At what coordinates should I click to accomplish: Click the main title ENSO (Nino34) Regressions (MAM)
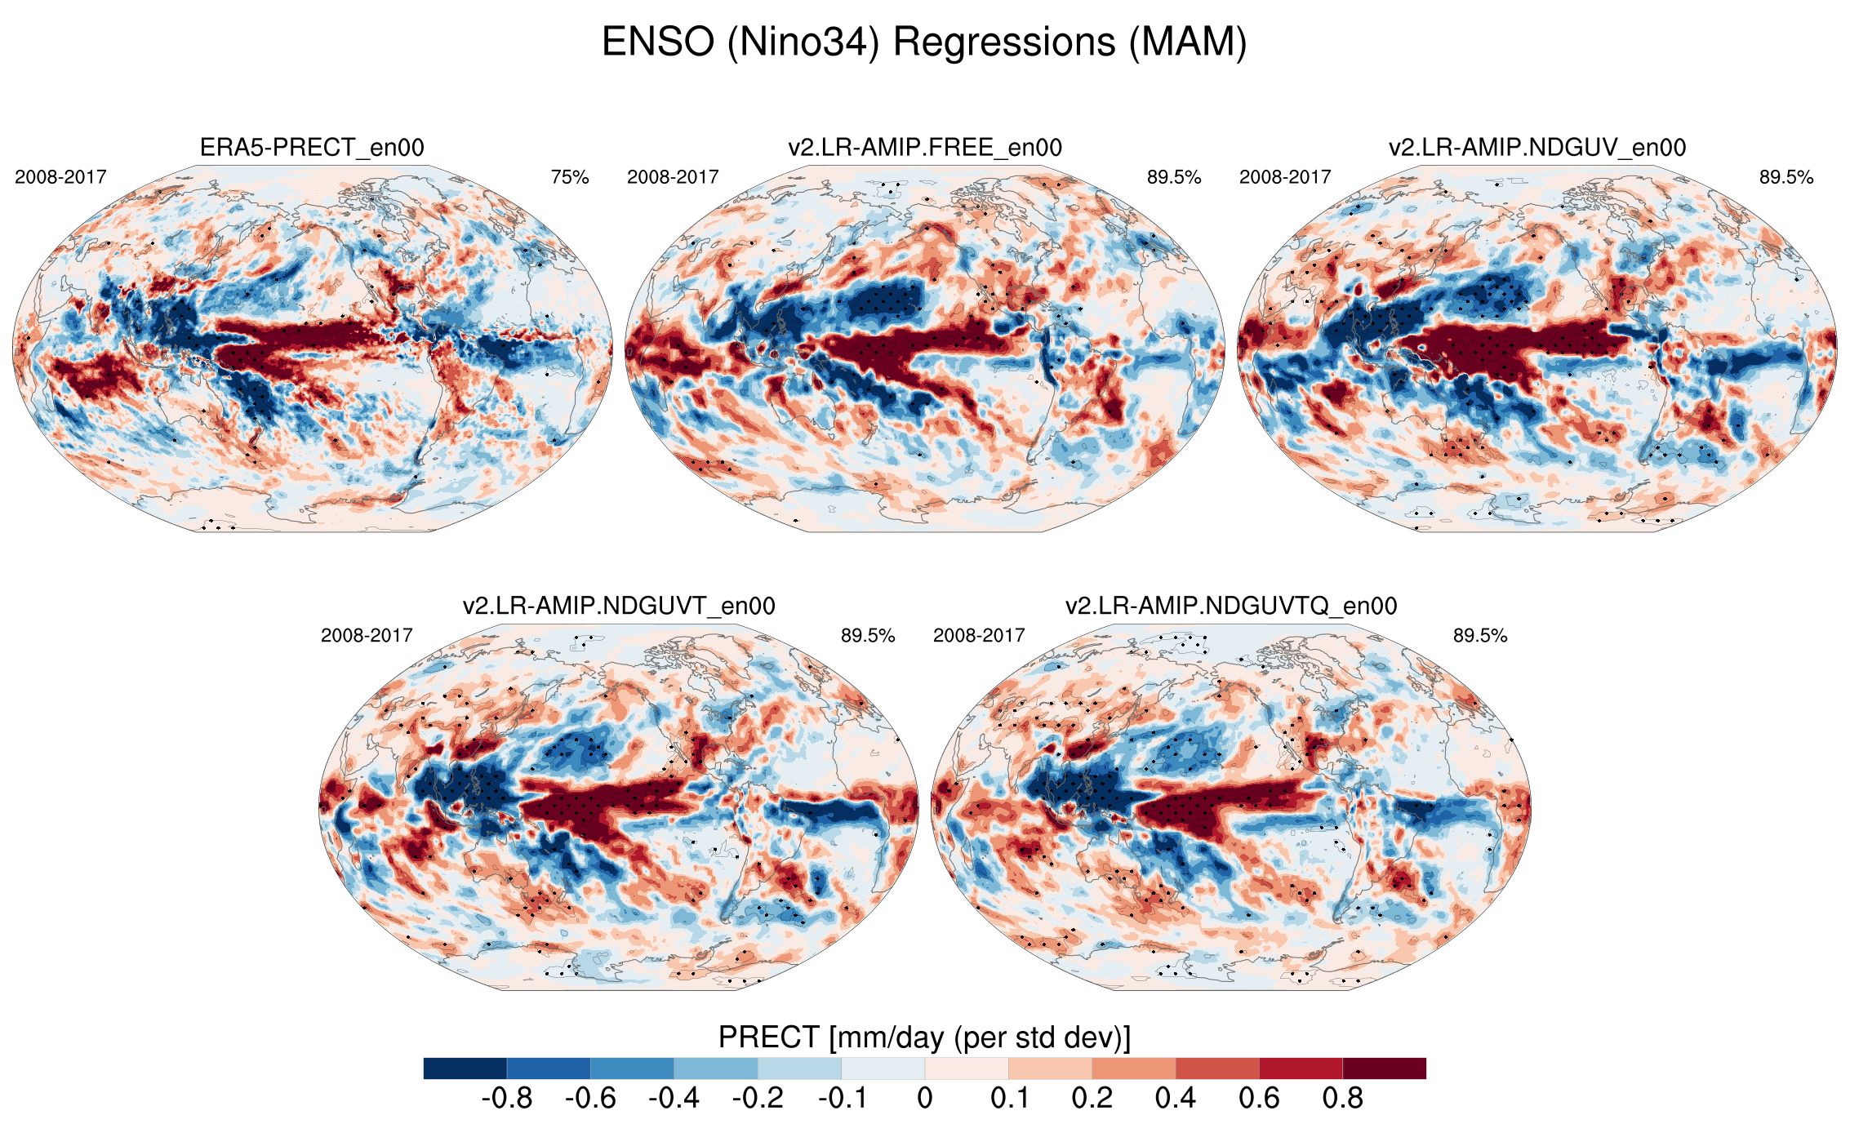click(924, 42)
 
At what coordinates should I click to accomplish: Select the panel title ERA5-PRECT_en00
click(312, 148)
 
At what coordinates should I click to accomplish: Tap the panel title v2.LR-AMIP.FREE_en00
click(924, 148)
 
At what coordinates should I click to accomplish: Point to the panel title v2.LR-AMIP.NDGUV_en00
click(1536, 148)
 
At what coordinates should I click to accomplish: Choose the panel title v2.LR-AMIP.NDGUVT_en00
click(619, 606)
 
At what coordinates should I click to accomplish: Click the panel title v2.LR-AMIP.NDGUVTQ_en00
click(1231, 606)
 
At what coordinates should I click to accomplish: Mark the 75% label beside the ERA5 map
click(570, 177)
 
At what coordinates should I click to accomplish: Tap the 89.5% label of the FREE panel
click(1174, 177)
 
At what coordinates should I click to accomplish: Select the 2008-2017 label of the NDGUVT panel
click(367, 636)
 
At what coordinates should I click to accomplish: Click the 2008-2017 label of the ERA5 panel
click(60, 177)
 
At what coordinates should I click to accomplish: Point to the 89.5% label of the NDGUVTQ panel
click(1479, 636)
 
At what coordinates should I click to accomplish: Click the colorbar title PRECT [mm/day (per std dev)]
click(924, 1037)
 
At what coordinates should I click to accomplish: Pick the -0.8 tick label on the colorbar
click(507, 1099)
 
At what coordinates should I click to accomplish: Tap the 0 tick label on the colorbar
click(924, 1099)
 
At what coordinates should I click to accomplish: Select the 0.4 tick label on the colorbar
click(1175, 1099)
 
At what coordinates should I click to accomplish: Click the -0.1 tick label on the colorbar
click(842, 1099)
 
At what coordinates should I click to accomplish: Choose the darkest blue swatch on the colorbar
click(465, 1069)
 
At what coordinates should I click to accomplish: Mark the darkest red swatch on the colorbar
click(1384, 1069)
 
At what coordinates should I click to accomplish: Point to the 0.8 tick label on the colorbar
click(1342, 1099)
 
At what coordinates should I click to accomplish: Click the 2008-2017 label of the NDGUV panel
click(1285, 177)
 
